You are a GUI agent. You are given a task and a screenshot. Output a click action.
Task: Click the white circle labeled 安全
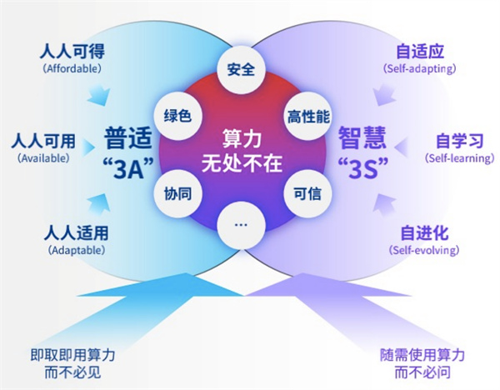[x=241, y=69]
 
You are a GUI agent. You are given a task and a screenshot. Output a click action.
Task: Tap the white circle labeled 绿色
[x=178, y=116]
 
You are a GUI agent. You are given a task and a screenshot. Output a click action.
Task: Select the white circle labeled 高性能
[x=307, y=116]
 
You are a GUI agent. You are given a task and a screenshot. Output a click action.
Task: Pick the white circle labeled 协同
[x=178, y=193]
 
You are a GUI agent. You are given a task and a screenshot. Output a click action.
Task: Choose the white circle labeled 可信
[x=307, y=193]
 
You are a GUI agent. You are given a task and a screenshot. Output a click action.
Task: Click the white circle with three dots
[x=241, y=225]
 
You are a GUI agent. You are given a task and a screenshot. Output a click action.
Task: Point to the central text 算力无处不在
[x=242, y=151]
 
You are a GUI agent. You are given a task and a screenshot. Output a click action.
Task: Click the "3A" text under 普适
[x=128, y=167]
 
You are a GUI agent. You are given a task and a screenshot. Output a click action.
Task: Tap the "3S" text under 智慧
[x=362, y=167]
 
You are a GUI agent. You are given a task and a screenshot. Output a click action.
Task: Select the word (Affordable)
[x=72, y=68]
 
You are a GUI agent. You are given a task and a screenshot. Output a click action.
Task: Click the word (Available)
[x=43, y=158]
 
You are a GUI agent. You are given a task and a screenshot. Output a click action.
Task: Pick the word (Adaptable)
[x=77, y=250]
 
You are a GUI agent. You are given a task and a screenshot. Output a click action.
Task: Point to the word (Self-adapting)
[x=420, y=68]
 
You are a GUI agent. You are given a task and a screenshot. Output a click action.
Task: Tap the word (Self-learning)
[x=459, y=158]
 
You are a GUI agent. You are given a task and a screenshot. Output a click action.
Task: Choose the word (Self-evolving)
[x=424, y=250]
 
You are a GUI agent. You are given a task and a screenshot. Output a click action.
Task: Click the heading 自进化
[x=424, y=232]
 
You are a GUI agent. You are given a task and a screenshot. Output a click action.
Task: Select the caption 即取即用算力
[x=72, y=355]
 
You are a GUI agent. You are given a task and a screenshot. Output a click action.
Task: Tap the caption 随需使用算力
[x=422, y=355]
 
